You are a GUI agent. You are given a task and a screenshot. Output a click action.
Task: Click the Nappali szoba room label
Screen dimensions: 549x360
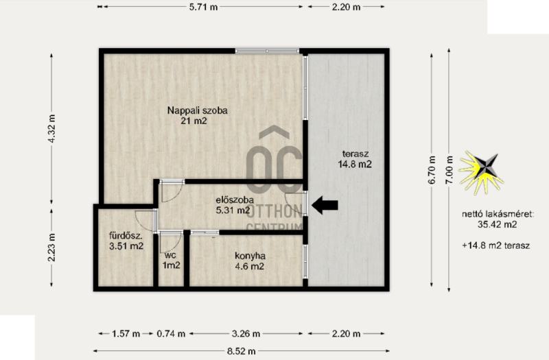(x=197, y=115)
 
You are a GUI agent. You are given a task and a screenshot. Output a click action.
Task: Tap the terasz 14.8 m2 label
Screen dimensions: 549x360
(x=355, y=159)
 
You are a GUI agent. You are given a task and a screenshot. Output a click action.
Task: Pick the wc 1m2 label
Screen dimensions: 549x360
(x=171, y=261)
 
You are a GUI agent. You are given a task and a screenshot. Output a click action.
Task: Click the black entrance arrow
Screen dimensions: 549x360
(x=325, y=205)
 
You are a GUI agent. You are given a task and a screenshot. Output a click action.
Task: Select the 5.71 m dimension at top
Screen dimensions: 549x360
(x=203, y=7)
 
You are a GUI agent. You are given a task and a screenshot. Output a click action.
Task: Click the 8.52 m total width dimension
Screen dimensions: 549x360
(x=242, y=351)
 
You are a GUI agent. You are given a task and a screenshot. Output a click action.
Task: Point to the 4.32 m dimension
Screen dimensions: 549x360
(x=51, y=128)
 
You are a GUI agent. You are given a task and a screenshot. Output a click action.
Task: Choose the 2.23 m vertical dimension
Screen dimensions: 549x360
(x=51, y=248)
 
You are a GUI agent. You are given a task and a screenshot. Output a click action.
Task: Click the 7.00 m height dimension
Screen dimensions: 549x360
(x=449, y=169)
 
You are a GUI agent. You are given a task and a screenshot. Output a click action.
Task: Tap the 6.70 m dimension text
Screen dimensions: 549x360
(x=432, y=169)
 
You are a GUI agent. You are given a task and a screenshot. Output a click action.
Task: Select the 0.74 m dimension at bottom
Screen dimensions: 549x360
(x=171, y=334)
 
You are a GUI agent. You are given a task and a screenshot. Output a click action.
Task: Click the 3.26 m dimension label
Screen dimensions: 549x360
(x=246, y=334)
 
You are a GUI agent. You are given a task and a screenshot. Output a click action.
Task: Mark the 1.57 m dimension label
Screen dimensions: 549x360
(x=126, y=334)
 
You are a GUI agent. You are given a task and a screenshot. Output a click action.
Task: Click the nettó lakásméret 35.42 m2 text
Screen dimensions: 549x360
(x=498, y=219)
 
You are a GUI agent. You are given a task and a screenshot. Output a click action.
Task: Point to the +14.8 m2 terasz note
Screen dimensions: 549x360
(x=495, y=245)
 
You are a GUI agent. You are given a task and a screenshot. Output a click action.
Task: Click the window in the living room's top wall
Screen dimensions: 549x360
(x=267, y=51)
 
